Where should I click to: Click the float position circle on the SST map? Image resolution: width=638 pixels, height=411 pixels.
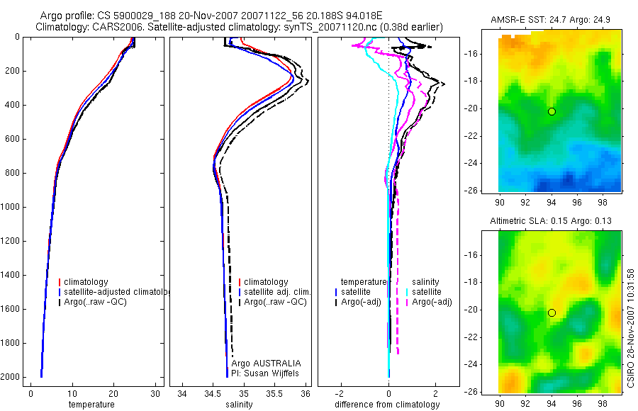tap(552, 111)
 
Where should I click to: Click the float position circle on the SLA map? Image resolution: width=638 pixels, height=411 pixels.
tap(552, 313)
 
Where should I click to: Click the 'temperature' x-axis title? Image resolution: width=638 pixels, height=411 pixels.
tap(91, 405)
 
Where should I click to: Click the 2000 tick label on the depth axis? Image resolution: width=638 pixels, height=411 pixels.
tap(11, 377)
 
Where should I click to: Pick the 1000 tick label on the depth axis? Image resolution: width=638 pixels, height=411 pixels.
tap(11, 207)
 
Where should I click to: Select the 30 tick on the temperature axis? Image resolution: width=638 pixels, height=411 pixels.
tap(155, 394)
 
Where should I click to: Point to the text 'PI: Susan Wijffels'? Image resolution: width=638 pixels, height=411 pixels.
tap(266, 373)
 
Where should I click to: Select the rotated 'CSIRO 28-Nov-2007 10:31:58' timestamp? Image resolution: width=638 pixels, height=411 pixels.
tap(631, 326)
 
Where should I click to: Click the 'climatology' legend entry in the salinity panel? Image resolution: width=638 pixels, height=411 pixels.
tap(266, 282)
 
